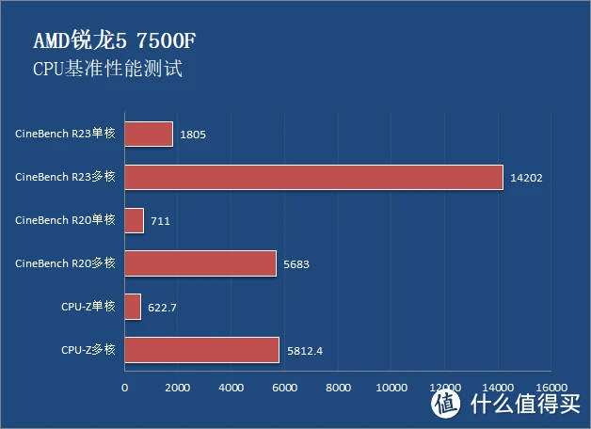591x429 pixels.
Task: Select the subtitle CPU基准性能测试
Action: [106, 70]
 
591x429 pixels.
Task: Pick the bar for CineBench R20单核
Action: [134, 220]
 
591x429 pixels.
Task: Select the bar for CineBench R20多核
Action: [200, 263]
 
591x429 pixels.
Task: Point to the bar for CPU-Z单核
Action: [133, 307]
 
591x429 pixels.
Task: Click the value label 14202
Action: [527, 178]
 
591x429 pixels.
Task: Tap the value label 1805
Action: [193, 135]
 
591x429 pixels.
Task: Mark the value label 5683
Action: [295, 264]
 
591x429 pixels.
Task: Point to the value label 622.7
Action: [164, 308]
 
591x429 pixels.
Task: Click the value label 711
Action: [160, 221]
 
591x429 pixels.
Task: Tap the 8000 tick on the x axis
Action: [338, 387]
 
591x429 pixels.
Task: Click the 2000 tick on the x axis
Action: [178, 387]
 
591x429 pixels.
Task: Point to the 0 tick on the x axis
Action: [124, 387]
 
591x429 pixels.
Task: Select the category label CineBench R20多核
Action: [65, 263]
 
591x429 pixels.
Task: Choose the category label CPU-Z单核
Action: [88, 307]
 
